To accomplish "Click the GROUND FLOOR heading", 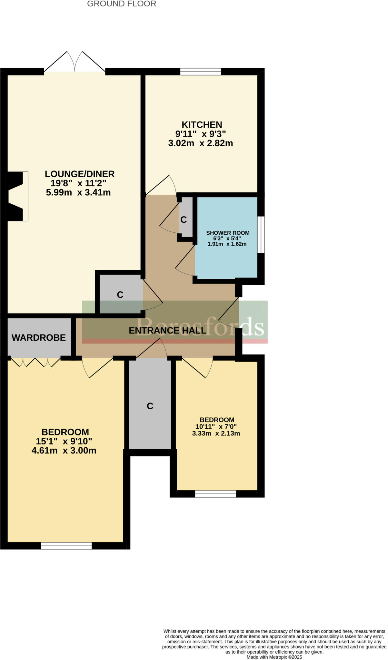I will [122, 4].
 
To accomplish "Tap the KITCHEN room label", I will [202, 125].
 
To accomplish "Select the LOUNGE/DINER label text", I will [79, 174].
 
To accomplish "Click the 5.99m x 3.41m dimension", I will [78, 193].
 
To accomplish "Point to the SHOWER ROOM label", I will [228, 233].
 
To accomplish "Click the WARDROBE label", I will [39, 337].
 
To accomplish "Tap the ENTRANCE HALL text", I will [167, 330].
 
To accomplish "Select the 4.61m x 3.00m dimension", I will [64, 451].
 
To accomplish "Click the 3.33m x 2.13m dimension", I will [216, 433].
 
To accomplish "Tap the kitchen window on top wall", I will [201, 72].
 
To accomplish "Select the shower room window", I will [261, 235].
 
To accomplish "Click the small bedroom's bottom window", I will [215, 494].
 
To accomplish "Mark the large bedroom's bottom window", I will [66, 546].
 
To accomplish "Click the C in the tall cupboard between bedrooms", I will [150, 406].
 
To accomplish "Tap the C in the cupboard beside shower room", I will [184, 220].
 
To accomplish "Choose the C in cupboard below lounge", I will [120, 295].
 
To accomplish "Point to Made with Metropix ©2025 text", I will [274, 657].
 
